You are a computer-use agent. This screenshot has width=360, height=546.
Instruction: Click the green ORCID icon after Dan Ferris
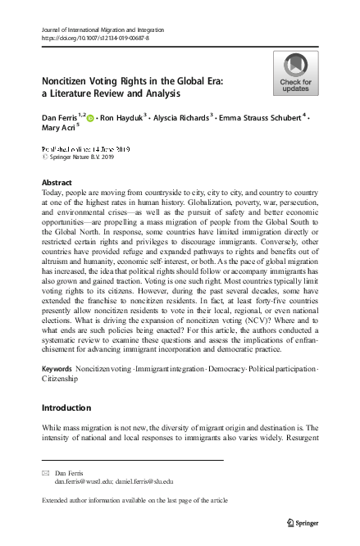coord(89,119)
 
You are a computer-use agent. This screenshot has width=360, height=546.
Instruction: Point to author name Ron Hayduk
coord(121,118)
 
